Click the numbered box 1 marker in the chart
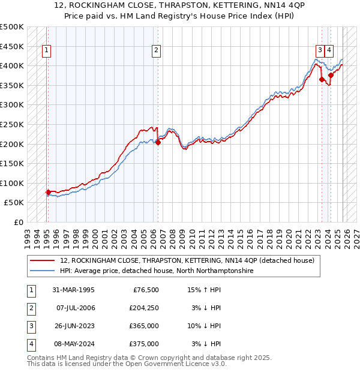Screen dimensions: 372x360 (x=47, y=51)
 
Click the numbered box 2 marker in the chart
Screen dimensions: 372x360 (x=156, y=51)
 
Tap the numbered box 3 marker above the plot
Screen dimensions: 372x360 (x=320, y=51)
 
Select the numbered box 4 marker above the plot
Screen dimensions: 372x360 (x=330, y=51)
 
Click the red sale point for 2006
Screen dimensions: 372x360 (x=158, y=142)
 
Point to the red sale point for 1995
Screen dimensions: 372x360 (x=48, y=193)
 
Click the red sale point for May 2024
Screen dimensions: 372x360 (x=331, y=76)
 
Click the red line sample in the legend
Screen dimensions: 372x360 (x=43, y=260)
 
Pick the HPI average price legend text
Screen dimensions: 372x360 (x=157, y=271)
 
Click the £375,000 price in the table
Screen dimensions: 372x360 (x=144, y=344)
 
